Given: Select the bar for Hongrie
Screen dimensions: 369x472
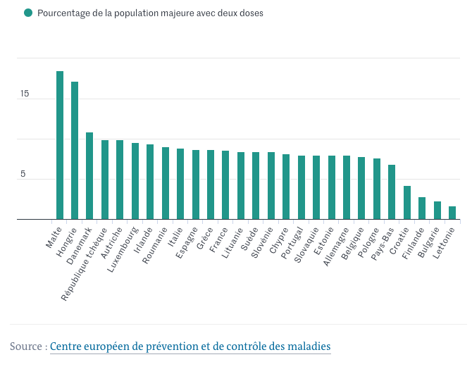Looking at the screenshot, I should coord(75,151).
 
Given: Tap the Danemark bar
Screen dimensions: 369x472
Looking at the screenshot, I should coord(89,176).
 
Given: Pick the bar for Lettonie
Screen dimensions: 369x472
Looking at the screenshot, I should coord(452,213).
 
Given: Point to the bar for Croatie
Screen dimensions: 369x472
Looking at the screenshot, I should coord(407,203).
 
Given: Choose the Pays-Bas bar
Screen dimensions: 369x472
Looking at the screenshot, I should coord(392,192).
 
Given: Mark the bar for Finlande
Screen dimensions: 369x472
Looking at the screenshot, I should coord(422,208).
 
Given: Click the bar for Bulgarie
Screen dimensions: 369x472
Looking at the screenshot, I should coord(437,211).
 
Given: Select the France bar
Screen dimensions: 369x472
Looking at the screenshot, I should coord(225,185).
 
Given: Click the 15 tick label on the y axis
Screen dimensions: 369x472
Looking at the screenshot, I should coord(25,94).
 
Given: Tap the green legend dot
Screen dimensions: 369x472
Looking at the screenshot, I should coord(27,13).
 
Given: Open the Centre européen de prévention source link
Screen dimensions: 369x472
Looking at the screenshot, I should coord(190,346).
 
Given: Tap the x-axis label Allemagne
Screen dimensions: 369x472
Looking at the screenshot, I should coord(336,246).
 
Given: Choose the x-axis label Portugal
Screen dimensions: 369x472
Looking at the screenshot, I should coord(291,244).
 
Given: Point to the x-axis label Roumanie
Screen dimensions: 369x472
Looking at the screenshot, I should coord(155,245).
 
